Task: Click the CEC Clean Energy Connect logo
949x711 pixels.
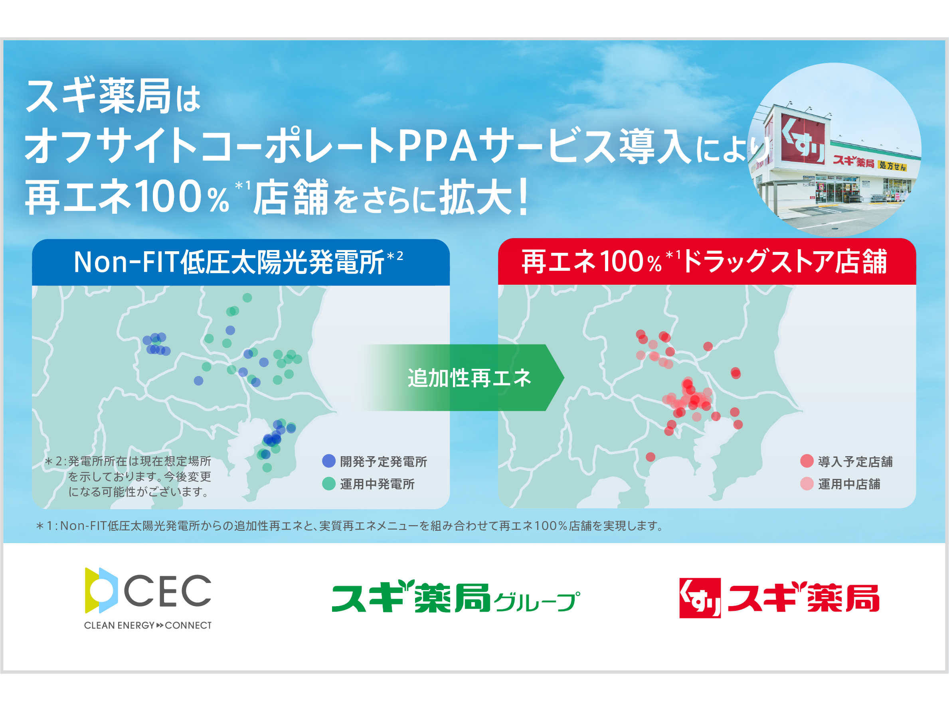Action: pyautogui.click(x=148, y=598)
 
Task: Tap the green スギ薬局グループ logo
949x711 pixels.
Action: pyautogui.click(x=456, y=596)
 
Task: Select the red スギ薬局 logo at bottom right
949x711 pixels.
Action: pyautogui.click(x=779, y=597)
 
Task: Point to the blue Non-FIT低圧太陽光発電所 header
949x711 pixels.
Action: pyautogui.click(x=241, y=262)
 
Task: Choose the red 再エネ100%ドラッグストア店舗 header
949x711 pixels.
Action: pyautogui.click(x=707, y=262)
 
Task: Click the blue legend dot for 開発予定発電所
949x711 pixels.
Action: pyautogui.click(x=328, y=461)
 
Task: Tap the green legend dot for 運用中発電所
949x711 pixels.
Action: pyautogui.click(x=328, y=483)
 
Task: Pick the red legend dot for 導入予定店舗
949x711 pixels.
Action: pyautogui.click(x=807, y=461)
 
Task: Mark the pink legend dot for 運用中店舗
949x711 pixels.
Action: pyautogui.click(x=807, y=483)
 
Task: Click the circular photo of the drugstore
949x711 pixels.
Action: pyautogui.click(x=834, y=150)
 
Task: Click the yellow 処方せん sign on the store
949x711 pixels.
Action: pyautogui.click(x=892, y=166)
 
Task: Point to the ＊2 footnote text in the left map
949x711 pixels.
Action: pyautogui.click(x=128, y=476)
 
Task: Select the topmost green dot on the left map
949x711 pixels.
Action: pyautogui.click(x=247, y=297)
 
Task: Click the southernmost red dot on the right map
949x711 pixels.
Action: pyautogui.click(x=650, y=457)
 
